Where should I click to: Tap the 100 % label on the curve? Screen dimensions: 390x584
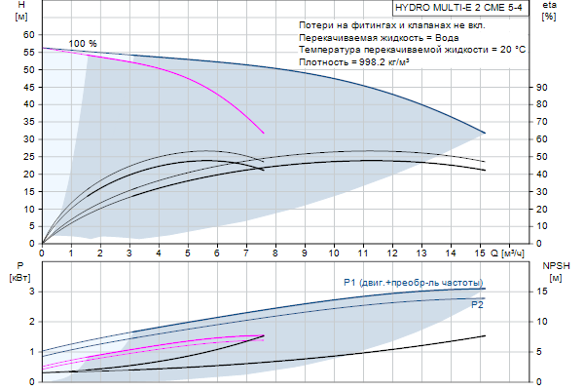(x=84, y=44)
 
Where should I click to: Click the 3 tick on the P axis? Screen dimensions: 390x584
(x=32, y=291)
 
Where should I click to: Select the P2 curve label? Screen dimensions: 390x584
(x=477, y=305)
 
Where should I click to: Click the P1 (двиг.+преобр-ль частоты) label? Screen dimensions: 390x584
(x=413, y=283)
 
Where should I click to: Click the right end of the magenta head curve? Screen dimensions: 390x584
(x=264, y=133)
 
